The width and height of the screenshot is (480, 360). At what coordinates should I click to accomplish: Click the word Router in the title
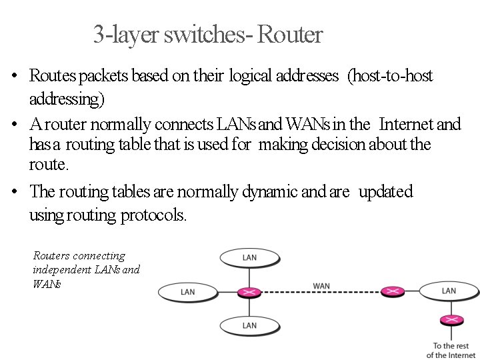point(289,35)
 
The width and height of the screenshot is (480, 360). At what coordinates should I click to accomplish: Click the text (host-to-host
point(390,76)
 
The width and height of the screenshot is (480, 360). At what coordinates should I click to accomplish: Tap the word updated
point(386,192)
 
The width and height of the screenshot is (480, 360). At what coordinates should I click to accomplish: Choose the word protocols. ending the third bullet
point(154,215)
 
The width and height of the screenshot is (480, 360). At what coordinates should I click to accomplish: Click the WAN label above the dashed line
point(321,286)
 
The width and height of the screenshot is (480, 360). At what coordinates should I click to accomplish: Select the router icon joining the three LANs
point(249,292)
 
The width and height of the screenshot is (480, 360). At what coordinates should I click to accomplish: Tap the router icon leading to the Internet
point(451,321)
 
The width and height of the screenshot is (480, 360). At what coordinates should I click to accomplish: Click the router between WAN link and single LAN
point(392,291)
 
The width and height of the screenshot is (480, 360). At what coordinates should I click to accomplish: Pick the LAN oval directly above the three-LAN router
point(249,258)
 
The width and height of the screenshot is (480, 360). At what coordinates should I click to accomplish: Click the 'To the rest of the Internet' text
point(451,350)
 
